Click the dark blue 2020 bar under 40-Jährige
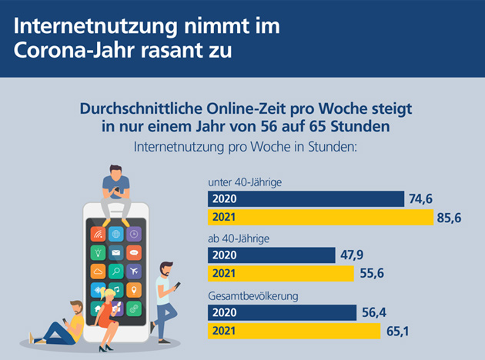point(306,198)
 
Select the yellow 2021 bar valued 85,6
point(321,217)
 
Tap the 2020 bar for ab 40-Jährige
point(272,255)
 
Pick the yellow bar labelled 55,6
point(281,274)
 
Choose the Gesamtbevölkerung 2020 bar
point(282,313)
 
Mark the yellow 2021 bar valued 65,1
point(294,331)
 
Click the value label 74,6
point(420,199)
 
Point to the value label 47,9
point(352,255)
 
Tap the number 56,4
point(374,313)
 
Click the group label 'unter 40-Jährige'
point(245,182)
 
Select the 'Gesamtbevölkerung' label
point(253,296)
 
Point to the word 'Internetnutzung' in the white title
point(95,26)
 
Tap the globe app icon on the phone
point(116,235)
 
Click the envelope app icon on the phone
point(116,253)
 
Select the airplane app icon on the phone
point(134,272)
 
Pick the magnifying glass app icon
point(116,272)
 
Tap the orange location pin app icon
point(134,290)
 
